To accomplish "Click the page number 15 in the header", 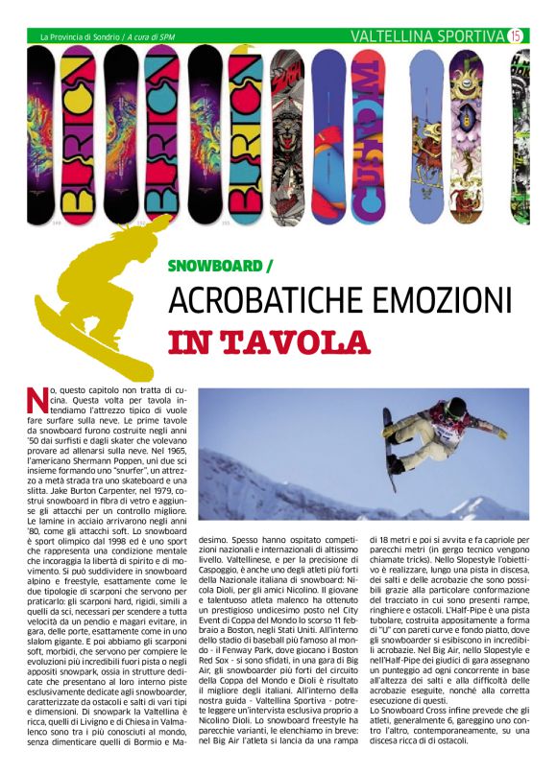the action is [x=516, y=36].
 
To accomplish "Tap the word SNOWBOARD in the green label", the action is [x=215, y=264].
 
